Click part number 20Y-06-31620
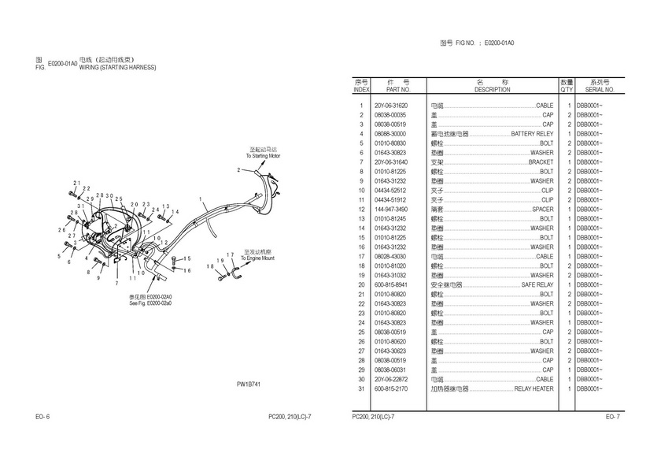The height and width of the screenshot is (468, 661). pyautogui.click(x=391, y=106)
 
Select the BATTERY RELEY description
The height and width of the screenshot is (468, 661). pyautogui.click(x=532, y=134)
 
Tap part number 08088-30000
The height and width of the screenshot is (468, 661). pyautogui.click(x=391, y=134)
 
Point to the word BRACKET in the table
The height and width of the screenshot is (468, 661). pyautogui.click(x=541, y=162)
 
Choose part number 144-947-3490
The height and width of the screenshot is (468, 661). pyautogui.click(x=391, y=210)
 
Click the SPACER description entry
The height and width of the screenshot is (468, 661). pyautogui.click(x=542, y=210)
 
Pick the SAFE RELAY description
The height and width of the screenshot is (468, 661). pyautogui.click(x=537, y=285)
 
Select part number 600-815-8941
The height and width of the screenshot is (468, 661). pyautogui.click(x=391, y=285)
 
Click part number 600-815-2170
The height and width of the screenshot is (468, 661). pyautogui.click(x=391, y=389)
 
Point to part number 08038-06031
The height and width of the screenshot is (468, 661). pyautogui.click(x=391, y=370)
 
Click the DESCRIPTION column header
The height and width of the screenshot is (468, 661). pyautogui.click(x=493, y=90)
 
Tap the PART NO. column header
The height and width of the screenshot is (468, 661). pyautogui.click(x=391, y=90)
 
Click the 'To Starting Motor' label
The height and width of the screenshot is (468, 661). pyautogui.click(x=263, y=156)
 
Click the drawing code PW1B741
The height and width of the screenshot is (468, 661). pyautogui.click(x=249, y=384)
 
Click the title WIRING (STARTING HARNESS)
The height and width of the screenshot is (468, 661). pyautogui.click(x=118, y=68)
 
